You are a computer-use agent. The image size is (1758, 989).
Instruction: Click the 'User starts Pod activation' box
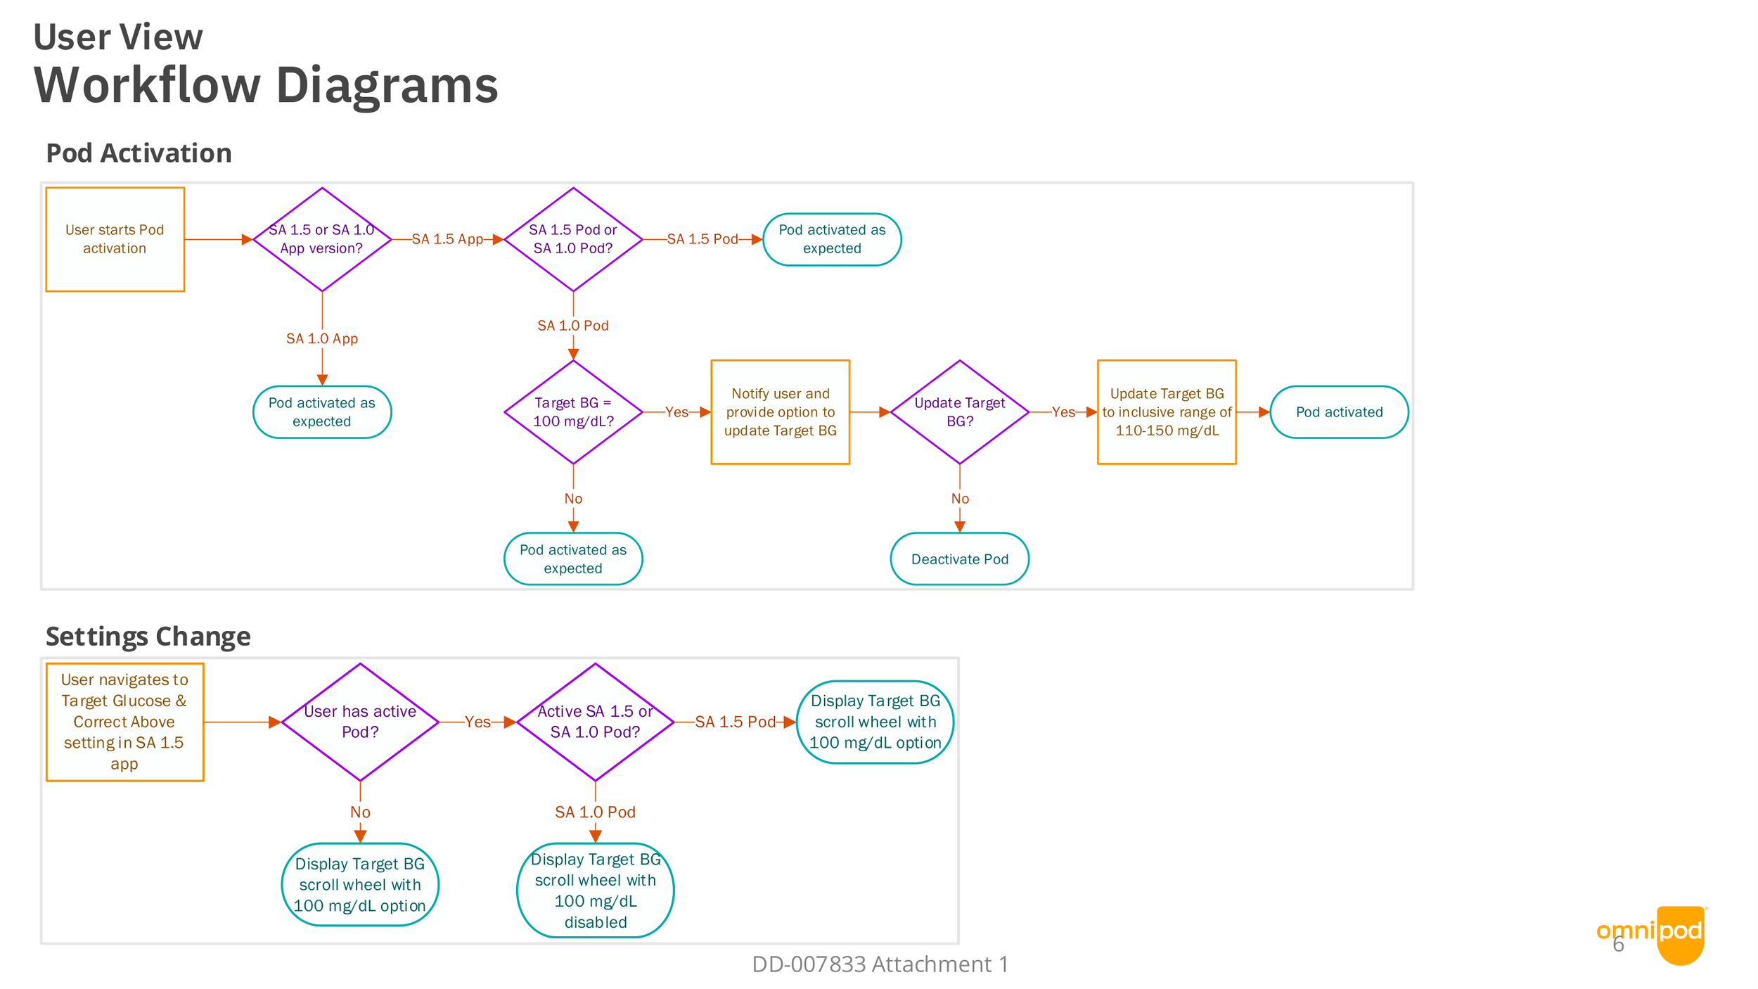tap(115, 239)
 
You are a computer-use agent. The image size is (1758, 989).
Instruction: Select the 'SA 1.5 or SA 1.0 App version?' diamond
tap(322, 239)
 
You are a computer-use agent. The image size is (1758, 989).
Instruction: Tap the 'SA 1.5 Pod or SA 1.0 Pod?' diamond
tap(573, 239)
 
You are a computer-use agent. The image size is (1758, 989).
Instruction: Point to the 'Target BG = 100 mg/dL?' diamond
tap(573, 412)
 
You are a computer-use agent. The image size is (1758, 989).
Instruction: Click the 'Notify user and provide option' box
tap(781, 412)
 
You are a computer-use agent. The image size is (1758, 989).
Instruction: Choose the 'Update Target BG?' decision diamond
tap(960, 412)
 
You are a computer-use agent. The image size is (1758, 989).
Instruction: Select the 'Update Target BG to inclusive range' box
tap(1167, 412)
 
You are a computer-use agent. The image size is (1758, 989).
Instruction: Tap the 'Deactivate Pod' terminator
tap(960, 559)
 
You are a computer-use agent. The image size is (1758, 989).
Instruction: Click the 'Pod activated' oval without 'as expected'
tap(1339, 412)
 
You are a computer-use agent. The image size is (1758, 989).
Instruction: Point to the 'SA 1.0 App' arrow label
tap(322, 338)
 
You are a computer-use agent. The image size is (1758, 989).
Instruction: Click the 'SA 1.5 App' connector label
tap(447, 239)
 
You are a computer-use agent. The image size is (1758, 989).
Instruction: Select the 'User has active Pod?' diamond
tap(360, 722)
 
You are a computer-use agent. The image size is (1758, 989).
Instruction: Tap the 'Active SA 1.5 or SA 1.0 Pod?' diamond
tap(596, 722)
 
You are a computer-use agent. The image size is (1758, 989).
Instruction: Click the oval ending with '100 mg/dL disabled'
tap(596, 891)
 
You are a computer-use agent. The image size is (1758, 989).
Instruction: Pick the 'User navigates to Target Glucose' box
tap(125, 722)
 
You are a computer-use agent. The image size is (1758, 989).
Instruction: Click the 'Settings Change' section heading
tap(148, 636)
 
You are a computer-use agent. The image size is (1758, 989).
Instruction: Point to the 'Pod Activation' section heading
tap(139, 153)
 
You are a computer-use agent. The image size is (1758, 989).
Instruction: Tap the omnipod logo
tap(1652, 935)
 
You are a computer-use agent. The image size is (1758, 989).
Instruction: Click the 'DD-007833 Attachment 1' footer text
tap(880, 964)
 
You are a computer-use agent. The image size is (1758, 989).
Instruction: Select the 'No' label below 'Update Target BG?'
tap(960, 499)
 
